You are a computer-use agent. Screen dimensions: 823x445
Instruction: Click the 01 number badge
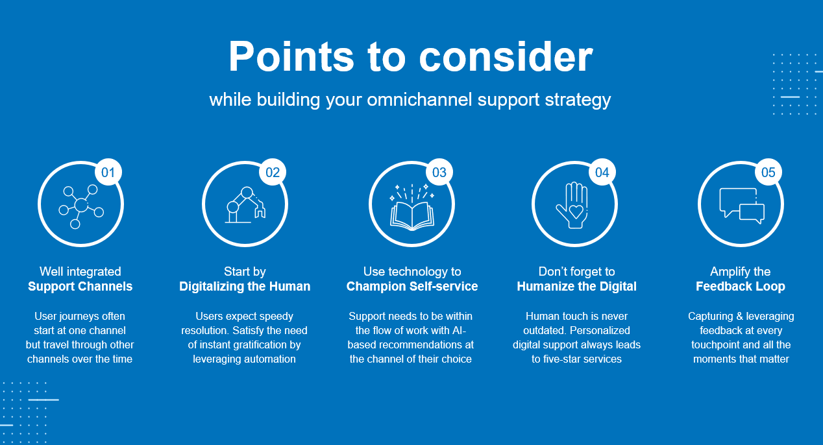pyautogui.click(x=108, y=172)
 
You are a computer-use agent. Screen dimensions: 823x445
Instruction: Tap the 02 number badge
pyautogui.click(x=273, y=172)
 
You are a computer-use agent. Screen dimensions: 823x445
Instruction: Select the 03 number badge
pyautogui.click(x=439, y=172)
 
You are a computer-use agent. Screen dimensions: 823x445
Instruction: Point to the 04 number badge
pyautogui.click(x=602, y=172)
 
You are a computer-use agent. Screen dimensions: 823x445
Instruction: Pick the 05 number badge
pyautogui.click(x=768, y=172)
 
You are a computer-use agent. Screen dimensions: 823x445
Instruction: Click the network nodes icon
pyautogui.click(x=82, y=206)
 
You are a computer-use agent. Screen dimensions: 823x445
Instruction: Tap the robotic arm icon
pyautogui.click(x=245, y=205)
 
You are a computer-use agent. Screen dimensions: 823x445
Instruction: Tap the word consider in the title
pyautogui.click(x=506, y=57)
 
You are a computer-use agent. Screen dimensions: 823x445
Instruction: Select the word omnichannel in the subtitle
pyautogui.click(x=419, y=99)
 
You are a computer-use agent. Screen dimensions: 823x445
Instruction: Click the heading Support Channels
pyautogui.click(x=80, y=286)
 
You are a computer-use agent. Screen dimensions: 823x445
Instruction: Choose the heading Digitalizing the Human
pyautogui.click(x=245, y=286)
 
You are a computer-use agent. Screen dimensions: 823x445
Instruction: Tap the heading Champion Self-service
pyautogui.click(x=412, y=286)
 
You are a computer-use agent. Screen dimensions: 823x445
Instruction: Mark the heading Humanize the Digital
pyautogui.click(x=576, y=286)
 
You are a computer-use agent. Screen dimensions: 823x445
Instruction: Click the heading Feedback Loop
pyautogui.click(x=741, y=286)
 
